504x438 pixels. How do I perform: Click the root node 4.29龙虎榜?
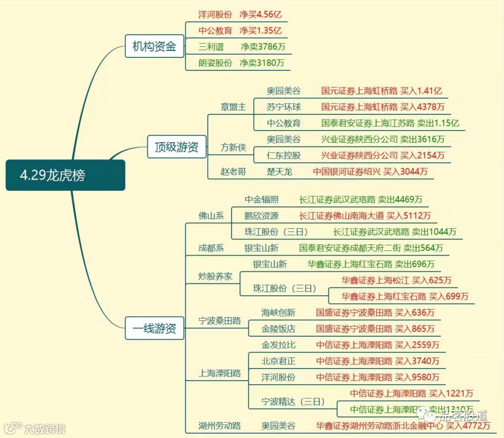click(65, 175)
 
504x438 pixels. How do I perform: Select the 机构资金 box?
click(154, 46)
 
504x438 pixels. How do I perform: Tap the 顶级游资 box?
click(176, 147)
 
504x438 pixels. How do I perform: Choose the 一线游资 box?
click(154, 328)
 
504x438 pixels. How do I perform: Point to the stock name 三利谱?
click(211, 47)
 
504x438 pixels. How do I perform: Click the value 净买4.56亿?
click(261, 14)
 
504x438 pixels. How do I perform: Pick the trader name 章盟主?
click(233, 107)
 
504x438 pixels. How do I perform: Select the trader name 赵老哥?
click(233, 171)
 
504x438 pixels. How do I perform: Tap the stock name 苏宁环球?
click(284, 107)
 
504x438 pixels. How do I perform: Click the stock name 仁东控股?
click(284, 155)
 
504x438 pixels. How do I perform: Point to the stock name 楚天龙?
click(280, 171)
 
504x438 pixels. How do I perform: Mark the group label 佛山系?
click(211, 216)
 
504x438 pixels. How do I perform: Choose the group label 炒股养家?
click(215, 276)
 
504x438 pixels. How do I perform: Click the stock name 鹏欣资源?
click(261, 216)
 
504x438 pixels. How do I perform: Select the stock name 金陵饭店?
click(278, 329)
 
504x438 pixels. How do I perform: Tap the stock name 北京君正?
click(278, 361)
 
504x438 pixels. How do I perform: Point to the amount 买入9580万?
click(417, 377)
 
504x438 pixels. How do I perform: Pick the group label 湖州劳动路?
click(220, 426)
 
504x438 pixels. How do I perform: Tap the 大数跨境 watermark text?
click(45, 429)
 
